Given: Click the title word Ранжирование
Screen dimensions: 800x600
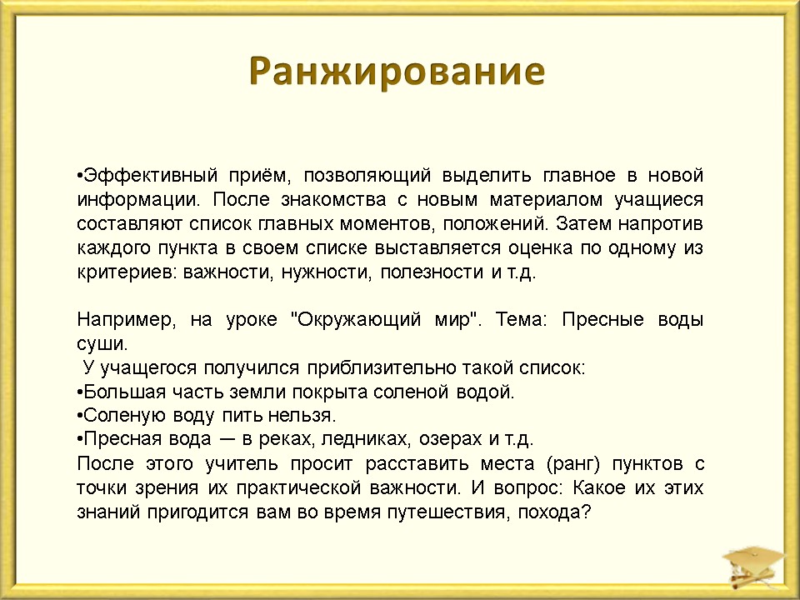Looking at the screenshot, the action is (397, 72).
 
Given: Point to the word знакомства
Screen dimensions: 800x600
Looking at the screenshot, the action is (333, 199).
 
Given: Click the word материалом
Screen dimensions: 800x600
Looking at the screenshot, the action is (546, 199).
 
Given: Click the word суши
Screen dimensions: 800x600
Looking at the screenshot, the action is (102, 344).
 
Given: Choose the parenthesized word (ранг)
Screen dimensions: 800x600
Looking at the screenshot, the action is (573, 464).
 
